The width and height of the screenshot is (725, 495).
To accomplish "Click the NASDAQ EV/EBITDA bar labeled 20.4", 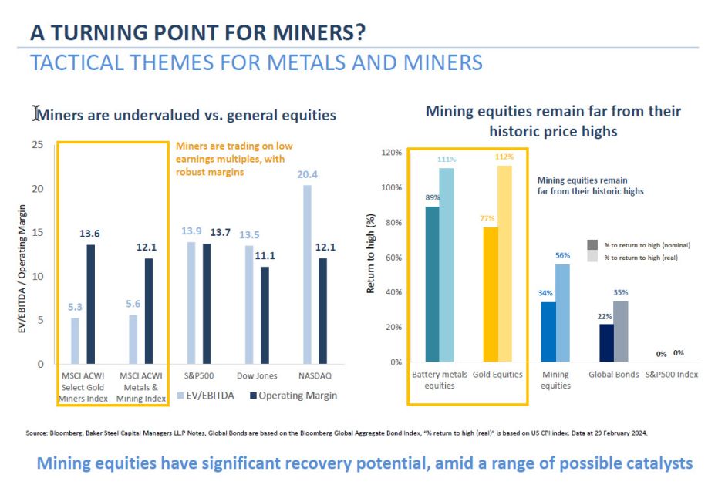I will click(x=307, y=274).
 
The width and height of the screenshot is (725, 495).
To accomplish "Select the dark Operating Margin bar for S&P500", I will click(x=206, y=303).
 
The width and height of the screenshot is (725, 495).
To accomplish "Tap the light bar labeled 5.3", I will click(x=75, y=340).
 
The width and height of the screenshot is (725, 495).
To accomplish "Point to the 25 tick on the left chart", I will click(x=38, y=145).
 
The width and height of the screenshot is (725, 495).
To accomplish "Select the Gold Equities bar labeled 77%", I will click(x=491, y=294).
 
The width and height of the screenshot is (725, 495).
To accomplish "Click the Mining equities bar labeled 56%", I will click(x=562, y=312).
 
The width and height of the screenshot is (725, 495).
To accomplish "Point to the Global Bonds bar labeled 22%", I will click(x=608, y=342).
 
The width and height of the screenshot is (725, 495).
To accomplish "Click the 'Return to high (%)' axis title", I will click(x=370, y=258).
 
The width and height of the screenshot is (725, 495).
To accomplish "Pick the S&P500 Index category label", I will click(x=671, y=375).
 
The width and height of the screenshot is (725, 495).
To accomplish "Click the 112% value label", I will click(x=505, y=157).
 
